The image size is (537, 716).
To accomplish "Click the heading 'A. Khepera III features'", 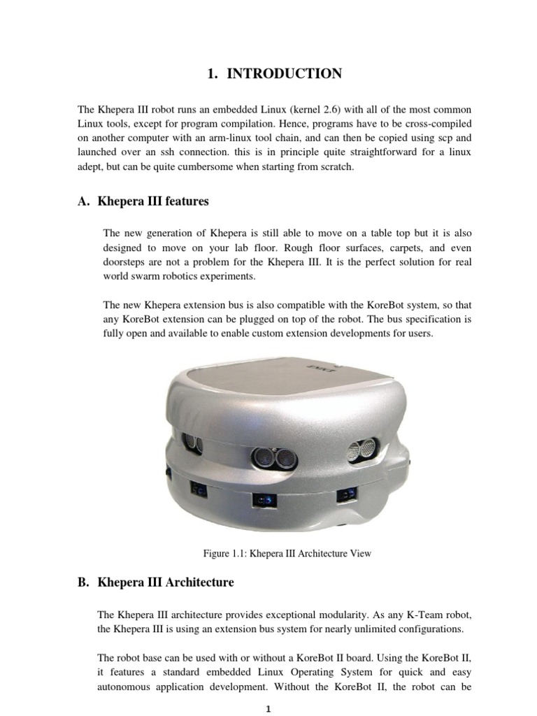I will click(143, 201).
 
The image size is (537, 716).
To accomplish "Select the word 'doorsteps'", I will click(124, 262).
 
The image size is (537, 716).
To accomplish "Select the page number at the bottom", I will click(268, 708).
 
